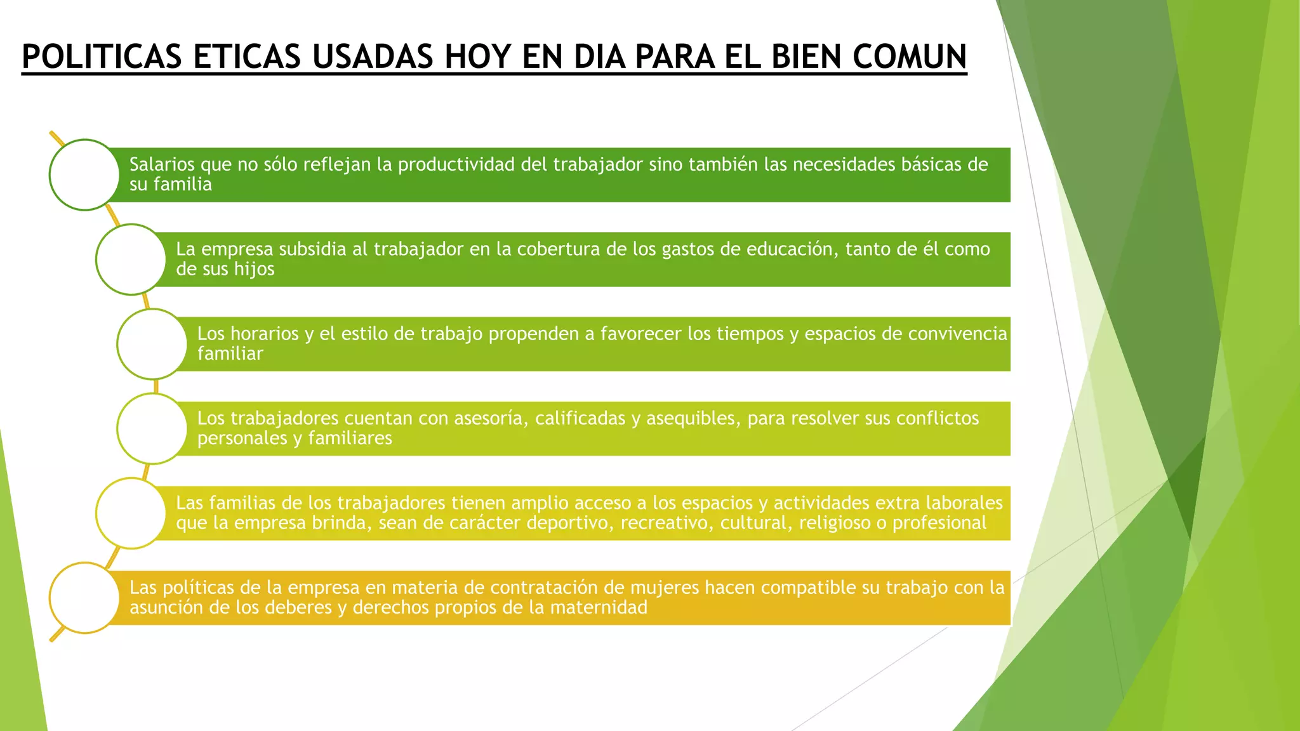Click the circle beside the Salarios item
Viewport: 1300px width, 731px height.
tap(84, 175)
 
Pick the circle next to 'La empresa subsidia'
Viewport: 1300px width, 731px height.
tap(131, 260)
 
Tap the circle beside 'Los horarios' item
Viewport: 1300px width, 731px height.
tap(152, 344)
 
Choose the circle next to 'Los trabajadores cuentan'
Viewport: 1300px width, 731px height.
tap(152, 428)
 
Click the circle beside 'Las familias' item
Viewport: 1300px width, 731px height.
tap(131, 513)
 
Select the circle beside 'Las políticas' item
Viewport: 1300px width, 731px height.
tap(84, 598)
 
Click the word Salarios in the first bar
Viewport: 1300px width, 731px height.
tap(162, 164)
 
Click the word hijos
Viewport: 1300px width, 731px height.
tap(254, 269)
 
